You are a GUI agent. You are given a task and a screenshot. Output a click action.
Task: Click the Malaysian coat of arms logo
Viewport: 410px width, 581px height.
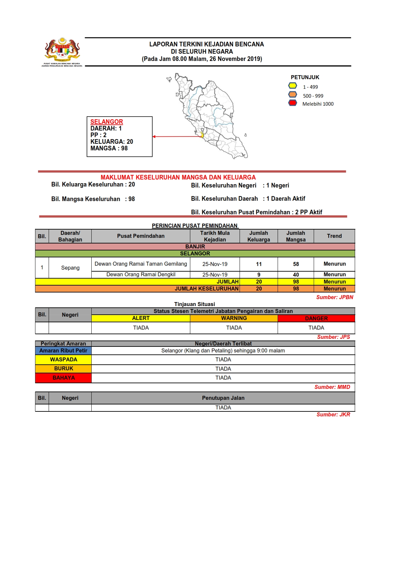62,50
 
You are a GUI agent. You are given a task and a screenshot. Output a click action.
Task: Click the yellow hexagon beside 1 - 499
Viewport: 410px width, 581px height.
293,86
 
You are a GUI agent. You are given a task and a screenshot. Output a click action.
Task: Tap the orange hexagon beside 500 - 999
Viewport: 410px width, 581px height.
293,94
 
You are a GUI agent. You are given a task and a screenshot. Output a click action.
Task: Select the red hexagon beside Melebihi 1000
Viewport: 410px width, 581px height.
293,103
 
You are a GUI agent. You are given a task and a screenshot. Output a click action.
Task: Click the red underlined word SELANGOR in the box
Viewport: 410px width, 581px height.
107,122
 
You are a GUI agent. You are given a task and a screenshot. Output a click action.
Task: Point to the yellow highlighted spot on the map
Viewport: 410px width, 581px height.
202,135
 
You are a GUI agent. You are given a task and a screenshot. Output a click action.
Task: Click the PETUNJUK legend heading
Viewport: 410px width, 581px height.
305,77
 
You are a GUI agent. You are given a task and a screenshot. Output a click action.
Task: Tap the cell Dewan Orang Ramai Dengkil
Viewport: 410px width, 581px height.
141,275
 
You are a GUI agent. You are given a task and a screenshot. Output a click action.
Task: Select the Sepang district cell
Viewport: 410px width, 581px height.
70,268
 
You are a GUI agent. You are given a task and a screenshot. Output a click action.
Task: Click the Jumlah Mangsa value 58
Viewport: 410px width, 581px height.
296,264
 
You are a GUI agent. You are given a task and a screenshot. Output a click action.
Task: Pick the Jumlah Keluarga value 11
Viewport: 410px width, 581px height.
259,264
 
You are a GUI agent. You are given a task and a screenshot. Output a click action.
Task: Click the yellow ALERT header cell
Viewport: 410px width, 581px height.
141,318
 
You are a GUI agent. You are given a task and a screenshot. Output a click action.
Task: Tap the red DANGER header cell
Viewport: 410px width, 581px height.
316,318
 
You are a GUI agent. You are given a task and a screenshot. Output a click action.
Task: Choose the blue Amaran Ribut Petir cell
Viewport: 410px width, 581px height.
63,350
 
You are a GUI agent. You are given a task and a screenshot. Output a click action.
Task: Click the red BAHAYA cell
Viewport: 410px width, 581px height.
63,378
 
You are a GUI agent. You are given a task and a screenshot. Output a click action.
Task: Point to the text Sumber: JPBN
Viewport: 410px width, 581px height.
335,297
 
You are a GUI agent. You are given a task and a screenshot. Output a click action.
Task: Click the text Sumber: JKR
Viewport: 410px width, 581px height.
333,414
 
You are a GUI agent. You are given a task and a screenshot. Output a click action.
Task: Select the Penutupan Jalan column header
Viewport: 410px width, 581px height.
223,398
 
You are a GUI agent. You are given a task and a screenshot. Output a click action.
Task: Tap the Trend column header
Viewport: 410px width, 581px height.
334,236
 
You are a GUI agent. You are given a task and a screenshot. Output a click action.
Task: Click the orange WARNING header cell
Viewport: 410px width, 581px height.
234,318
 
